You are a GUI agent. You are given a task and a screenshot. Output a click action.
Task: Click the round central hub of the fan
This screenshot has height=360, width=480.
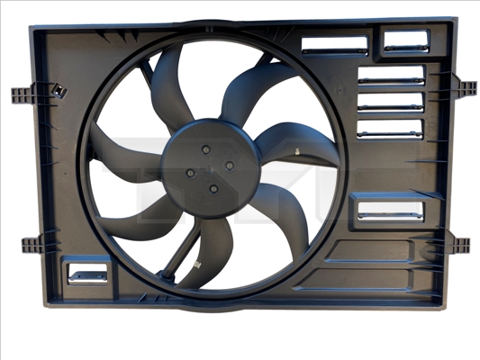pyautogui.click(x=211, y=166)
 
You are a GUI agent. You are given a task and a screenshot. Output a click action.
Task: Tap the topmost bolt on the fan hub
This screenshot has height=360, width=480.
pyautogui.click(x=207, y=148)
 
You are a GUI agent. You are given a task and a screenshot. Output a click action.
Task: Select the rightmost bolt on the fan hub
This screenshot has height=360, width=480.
pyautogui.click(x=229, y=165)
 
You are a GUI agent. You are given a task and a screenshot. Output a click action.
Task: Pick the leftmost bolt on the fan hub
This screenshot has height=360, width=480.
pyautogui.click(x=190, y=171)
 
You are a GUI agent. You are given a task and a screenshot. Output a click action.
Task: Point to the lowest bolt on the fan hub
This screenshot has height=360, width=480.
pyautogui.click(x=213, y=187)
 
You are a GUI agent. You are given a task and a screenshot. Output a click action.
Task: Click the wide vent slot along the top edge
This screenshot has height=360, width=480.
pyautogui.click(x=334, y=45)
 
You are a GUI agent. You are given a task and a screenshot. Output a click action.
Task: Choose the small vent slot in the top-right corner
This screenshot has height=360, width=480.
pyautogui.click(x=406, y=40)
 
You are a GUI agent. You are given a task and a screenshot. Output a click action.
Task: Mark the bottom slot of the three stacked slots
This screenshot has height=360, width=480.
pyautogui.click(x=390, y=129)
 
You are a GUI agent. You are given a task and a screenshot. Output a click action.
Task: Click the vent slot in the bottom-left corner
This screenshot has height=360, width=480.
pyautogui.click(x=88, y=271)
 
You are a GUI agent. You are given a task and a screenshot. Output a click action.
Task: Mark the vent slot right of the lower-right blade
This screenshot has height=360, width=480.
pyautogui.click(x=388, y=211)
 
